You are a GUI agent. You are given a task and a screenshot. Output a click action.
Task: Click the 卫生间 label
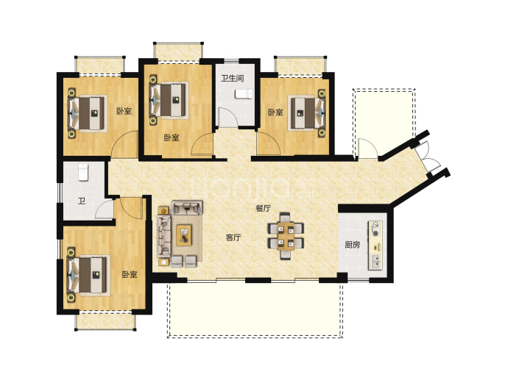point(233,78)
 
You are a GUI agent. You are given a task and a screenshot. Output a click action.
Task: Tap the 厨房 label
point(352,245)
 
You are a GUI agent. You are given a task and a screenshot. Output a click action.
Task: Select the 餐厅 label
point(263,208)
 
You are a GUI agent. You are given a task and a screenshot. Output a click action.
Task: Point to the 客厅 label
point(233,237)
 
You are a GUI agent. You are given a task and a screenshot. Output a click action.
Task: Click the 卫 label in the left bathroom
point(82,201)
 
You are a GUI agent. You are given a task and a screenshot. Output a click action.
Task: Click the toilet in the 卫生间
point(243,94)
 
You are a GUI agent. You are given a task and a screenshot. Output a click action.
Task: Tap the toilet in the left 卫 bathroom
point(83,173)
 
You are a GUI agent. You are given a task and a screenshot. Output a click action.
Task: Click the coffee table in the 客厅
point(184,235)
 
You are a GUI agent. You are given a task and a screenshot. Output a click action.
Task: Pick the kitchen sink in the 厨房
point(375,262)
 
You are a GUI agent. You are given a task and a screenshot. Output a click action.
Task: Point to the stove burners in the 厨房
point(375,229)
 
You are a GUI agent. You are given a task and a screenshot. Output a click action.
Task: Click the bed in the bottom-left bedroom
point(87,275)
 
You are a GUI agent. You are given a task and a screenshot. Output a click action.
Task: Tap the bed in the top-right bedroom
point(308,113)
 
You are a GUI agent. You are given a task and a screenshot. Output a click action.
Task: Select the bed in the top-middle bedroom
point(169,100)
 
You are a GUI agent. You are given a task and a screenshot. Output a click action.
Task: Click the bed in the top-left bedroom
point(88,113)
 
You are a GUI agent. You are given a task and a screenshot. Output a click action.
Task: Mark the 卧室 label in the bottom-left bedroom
point(130,275)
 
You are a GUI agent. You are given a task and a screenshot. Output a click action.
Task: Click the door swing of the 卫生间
point(227,117)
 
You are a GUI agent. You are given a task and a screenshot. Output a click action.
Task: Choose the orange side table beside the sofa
point(163,211)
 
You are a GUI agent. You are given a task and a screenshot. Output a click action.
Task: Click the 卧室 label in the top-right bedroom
point(275,112)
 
